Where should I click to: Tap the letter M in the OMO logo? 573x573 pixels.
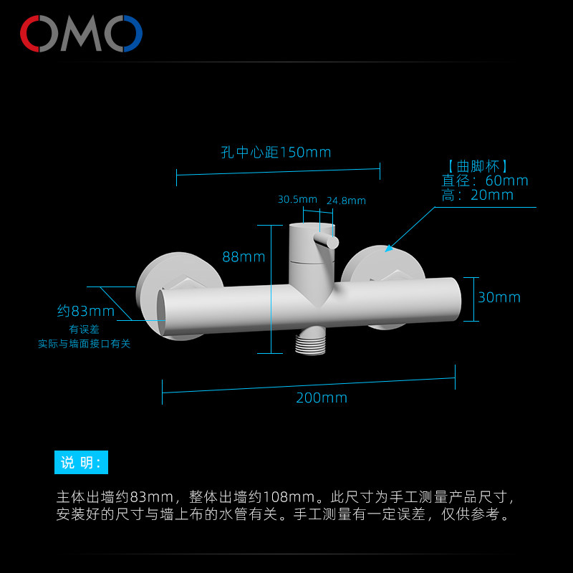click(81, 34)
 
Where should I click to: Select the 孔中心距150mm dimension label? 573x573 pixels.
click(276, 153)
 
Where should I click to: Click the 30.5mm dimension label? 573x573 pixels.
click(297, 199)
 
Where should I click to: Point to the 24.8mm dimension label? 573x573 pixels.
click(346, 201)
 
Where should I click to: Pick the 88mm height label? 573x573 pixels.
click(244, 257)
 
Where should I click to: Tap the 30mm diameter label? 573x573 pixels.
click(499, 297)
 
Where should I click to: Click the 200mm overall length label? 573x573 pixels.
click(322, 398)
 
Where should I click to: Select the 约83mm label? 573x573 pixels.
click(86, 311)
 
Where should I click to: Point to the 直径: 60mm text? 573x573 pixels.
click(485, 180)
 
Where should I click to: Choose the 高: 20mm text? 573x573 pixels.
click(478, 195)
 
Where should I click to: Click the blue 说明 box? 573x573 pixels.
click(81, 462)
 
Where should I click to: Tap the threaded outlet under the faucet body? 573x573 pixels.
click(310, 342)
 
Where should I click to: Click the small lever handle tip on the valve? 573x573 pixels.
click(332, 243)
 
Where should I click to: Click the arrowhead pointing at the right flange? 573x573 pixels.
click(388, 249)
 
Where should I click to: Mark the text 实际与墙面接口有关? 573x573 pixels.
click(85, 344)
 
